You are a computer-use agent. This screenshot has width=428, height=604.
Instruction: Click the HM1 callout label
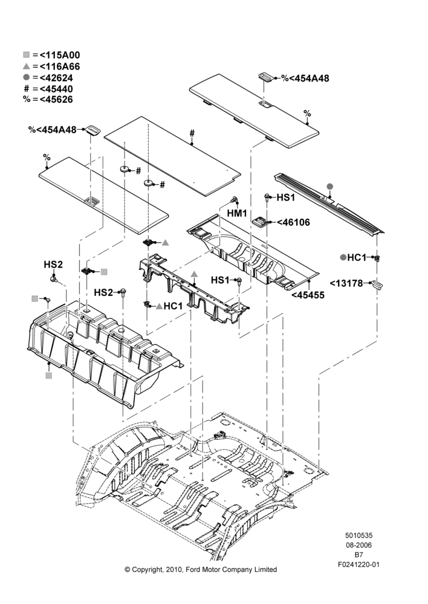tap(237, 213)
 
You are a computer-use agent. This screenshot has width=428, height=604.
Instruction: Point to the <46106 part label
tap(293, 222)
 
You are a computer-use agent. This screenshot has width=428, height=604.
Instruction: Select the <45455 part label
tap(308, 295)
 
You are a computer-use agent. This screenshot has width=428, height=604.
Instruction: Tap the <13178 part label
tap(346, 283)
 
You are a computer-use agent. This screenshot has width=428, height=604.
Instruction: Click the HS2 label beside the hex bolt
tap(104, 293)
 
